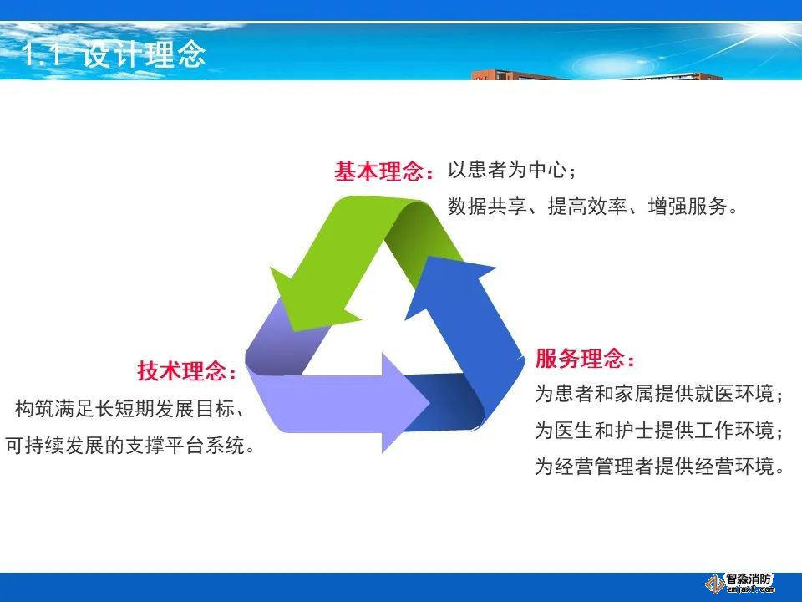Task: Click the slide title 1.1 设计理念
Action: [x=114, y=54]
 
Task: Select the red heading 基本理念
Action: [x=378, y=171]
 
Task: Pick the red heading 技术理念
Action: [x=181, y=370]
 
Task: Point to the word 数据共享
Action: [x=487, y=206]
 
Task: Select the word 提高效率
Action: [x=587, y=206]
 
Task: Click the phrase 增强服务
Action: [x=688, y=206]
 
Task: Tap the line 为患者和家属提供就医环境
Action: [x=654, y=394]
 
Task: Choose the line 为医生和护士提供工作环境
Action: [x=654, y=430]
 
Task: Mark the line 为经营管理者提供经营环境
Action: [x=654, y=467]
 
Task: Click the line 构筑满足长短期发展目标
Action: [x=124, y=409]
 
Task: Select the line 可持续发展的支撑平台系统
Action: [x=124, y=446]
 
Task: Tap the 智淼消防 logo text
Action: [x=749, y=580]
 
